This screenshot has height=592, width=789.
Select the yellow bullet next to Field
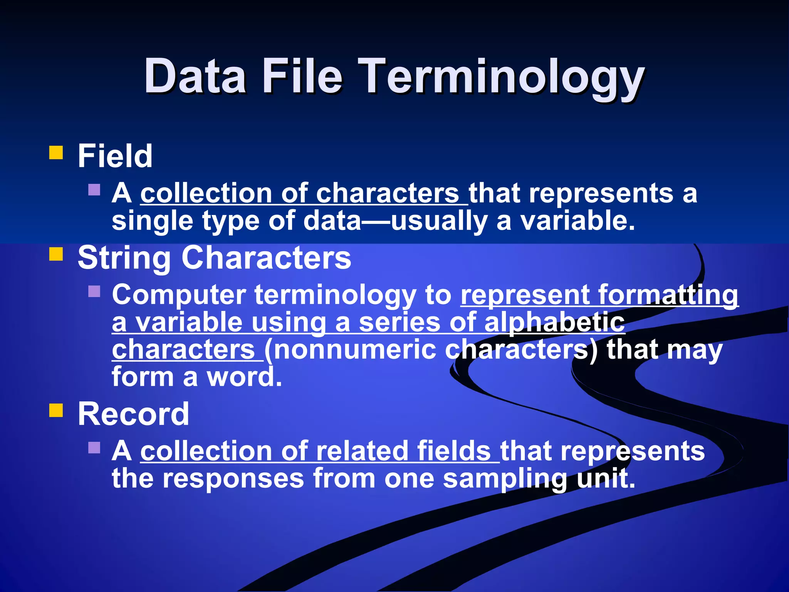[56, 152]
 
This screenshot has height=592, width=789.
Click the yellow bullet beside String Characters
[56, 254]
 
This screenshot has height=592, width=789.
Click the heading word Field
[115, 156]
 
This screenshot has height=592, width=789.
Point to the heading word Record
[133, 414]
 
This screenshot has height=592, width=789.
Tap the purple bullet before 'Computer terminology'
[94, 291]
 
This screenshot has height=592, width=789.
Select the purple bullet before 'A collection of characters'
[94, 190]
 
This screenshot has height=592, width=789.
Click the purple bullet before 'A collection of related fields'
[94, 447]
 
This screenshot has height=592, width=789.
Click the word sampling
[505, 479]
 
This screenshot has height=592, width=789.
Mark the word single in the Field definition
[153, 222]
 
